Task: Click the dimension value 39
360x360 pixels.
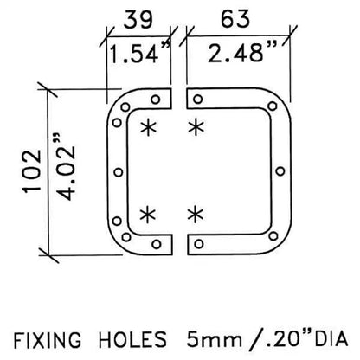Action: coord(138,20)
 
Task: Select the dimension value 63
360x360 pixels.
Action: coord(235,19)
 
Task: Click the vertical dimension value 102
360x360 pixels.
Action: coord(32,171)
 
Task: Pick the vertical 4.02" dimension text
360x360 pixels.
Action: coord(65,167)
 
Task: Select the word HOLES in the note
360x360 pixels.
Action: coord(132,339)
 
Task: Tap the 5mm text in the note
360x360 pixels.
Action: coord(214,339)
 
